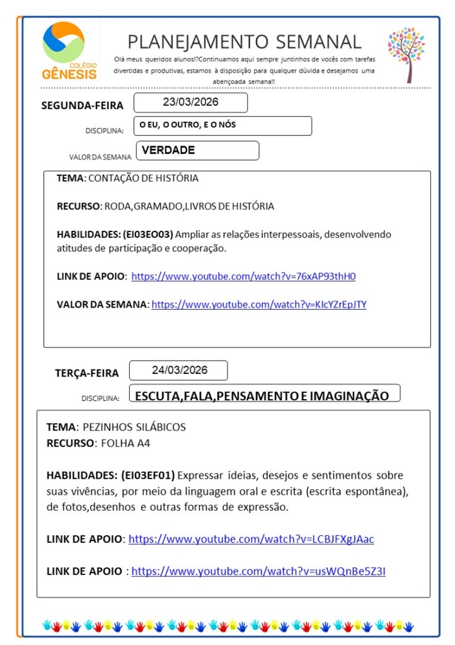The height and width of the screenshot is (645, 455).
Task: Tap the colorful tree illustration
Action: tap(406, 54)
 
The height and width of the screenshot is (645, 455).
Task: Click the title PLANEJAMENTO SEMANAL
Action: tap(245, 42)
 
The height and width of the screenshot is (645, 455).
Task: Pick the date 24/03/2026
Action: tap(179, 370)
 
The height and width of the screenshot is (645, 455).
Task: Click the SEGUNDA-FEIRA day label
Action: tap(83, 105)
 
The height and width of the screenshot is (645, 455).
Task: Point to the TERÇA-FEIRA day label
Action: tap(87, 373)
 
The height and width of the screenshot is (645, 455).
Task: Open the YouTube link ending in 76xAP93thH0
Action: tap(243, 276)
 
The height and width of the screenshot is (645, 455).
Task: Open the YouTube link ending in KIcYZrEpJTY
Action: tap(259, 305)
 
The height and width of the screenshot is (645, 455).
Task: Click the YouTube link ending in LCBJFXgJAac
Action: tap(251, 539)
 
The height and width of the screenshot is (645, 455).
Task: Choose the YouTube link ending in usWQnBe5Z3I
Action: tap(258, 571)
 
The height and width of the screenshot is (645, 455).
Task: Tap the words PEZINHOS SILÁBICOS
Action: tap(134, 427)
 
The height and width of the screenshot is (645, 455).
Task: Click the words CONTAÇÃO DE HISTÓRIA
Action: tap(143, 178)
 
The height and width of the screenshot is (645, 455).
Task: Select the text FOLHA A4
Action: tap(125, 443)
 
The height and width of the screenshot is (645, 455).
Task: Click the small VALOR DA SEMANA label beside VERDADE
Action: tap(100, 157)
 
